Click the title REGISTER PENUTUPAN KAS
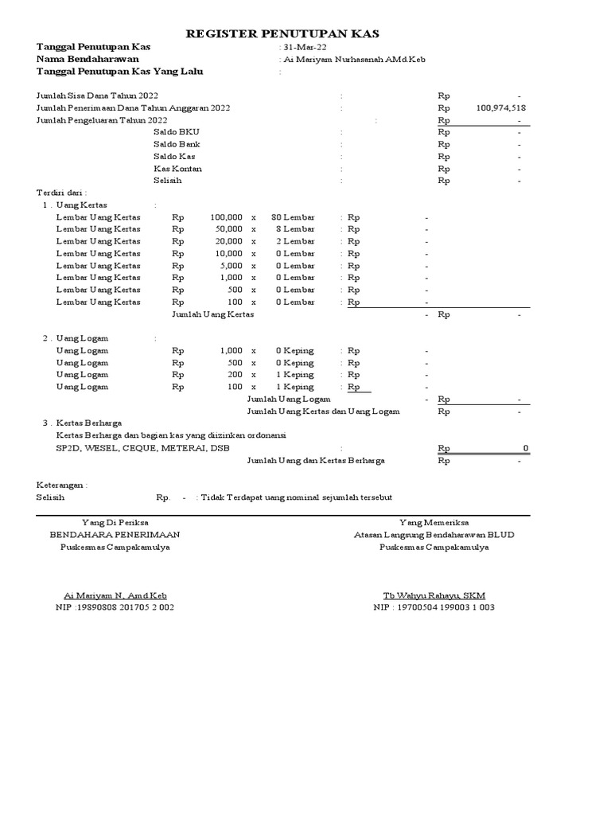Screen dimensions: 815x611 tap(282, 33)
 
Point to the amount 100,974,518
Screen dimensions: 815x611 tap(501, 107)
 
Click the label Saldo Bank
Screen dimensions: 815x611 tap(177, 144)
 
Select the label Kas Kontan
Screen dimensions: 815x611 tap(177, 169)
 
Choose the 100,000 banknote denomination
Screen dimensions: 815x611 tap(226, 216)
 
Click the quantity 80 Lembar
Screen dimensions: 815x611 tap(292, 216)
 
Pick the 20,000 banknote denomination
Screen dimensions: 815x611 tap(228, 241)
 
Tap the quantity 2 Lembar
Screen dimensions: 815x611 tap(295, 241)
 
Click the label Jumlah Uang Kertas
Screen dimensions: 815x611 tap(213, 314)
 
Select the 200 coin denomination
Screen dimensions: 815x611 tap(234, 374)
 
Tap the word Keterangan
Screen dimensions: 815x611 tap(62, 485)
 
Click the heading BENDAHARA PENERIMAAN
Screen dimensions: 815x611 tap(115, 535)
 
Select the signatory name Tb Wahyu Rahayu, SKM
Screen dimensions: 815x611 tap(434, 595)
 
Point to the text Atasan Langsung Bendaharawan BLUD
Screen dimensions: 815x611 tap(434, 535)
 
